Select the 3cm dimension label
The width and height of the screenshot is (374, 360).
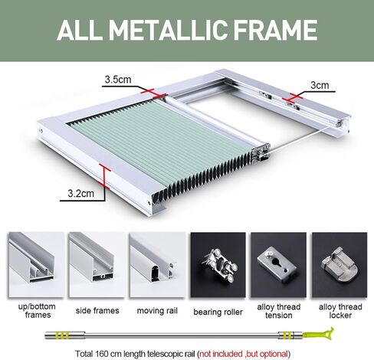[320, 85]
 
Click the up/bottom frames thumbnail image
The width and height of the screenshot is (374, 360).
[33, 260]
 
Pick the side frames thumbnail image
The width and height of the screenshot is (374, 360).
[93, 260]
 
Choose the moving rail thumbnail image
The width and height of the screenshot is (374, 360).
[155, 260]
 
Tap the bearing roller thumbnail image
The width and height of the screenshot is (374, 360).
[217, 260]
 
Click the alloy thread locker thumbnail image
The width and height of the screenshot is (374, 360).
[340, 260]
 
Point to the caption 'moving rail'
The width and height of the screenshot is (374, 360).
[156, 310]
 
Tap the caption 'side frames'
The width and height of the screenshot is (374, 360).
[93, 310]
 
